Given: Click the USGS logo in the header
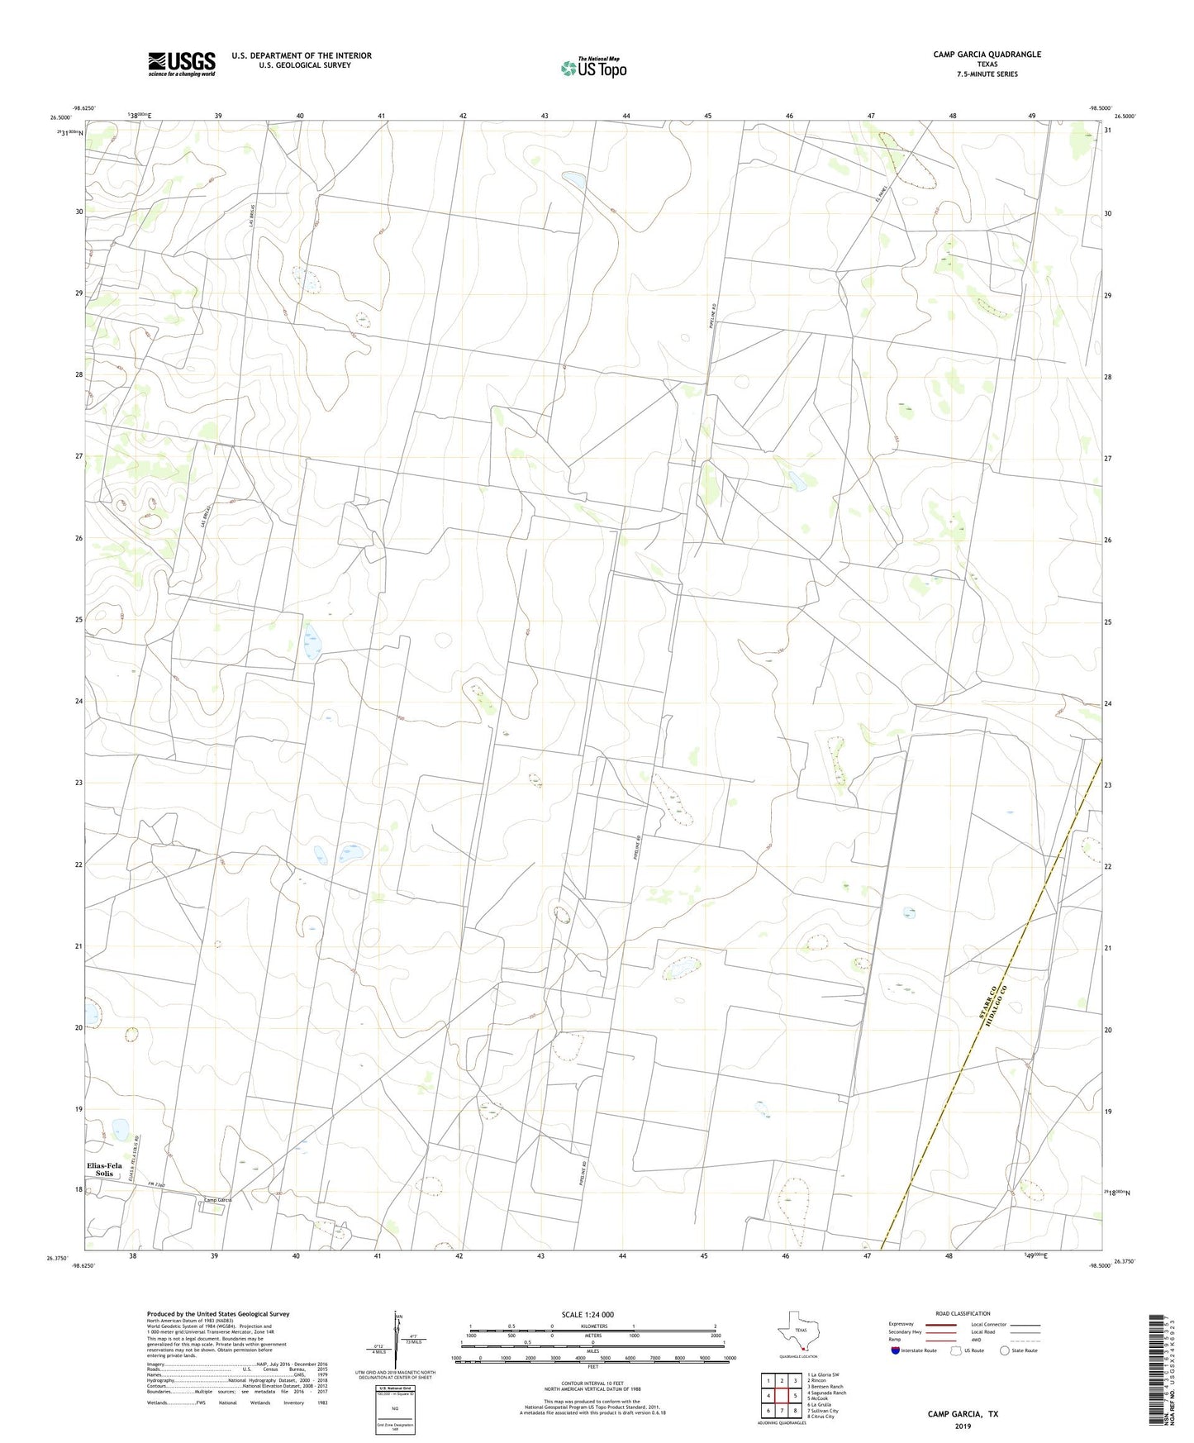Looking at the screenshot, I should tap(182, 64).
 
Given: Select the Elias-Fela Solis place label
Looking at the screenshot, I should tap(104, 1169).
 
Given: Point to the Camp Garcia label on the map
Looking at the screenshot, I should tap(217, 1199).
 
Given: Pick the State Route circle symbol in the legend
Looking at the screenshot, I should tap(1004, 1350).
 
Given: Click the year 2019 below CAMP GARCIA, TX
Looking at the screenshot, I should tap(963, 1426).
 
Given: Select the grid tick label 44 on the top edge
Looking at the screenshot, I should tap(626, 116).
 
